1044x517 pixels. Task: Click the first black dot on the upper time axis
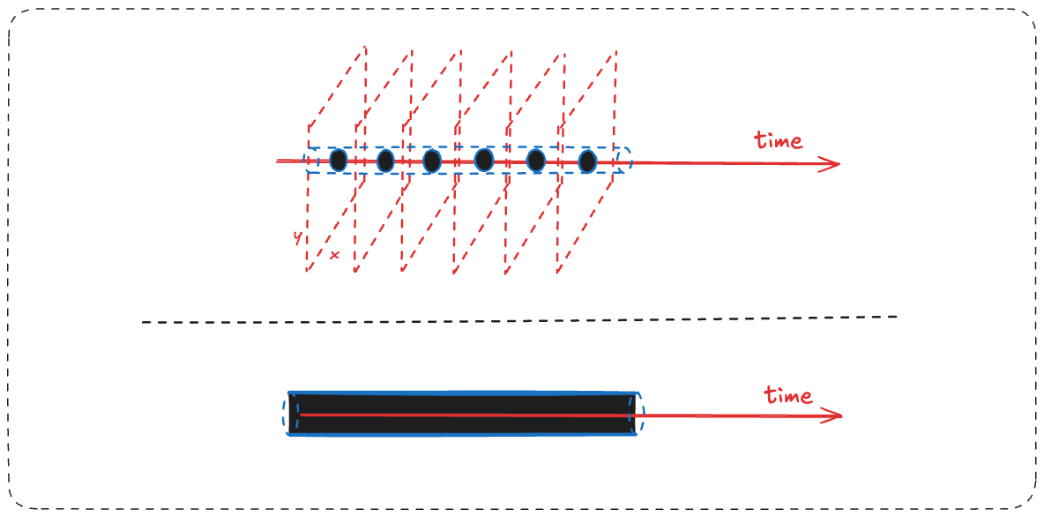[339, 160]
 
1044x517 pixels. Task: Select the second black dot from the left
[385, 160]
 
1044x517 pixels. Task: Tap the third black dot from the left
[432, 160]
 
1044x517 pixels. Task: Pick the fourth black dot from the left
[484, 160]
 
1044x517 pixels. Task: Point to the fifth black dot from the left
[536, 160]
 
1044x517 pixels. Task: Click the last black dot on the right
[587, 161]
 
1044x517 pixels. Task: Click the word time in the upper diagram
[778, 140]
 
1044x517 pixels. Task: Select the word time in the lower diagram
[788, 395]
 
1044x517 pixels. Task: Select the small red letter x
[334, 254]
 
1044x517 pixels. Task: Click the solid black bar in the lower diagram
[462, 415]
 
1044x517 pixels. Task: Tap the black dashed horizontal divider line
[519, 319]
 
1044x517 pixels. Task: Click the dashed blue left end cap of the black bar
[285, 414]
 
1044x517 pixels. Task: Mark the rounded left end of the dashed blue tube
[305, 161]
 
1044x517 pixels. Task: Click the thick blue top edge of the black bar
[462, 393]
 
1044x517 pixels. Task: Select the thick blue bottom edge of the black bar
[462, 436]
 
